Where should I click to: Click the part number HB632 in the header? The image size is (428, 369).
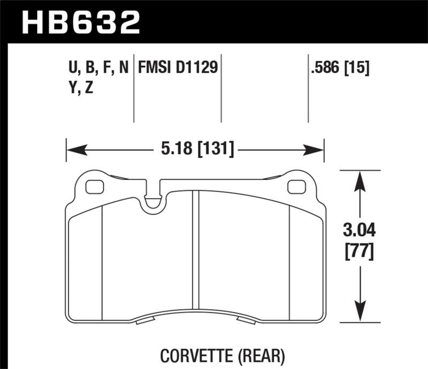click(80, 23)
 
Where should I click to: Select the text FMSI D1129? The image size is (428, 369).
click(178, 68)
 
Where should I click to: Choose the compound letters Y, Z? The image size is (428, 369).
click(79, 88)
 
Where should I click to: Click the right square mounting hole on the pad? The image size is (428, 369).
click(295, 187)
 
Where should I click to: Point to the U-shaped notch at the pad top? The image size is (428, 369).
click(154, 201)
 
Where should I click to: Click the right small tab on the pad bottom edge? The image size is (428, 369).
click(247, 320)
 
